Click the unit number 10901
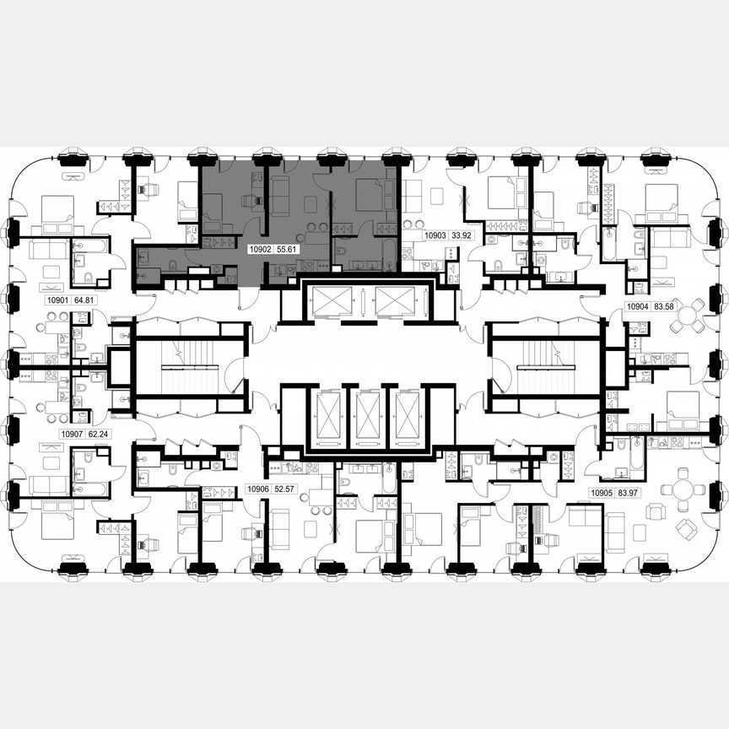click(57, 299)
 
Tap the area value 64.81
click(86, 299)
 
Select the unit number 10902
click(259, 250)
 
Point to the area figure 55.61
click(288, 250)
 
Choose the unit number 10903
click(435, 237)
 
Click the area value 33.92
click(462, 237)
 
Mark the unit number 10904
click(637, 307)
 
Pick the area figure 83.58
click(666, 307)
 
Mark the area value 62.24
click(100, 435)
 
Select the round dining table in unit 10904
click(688, 316)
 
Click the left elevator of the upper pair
click(330, 300)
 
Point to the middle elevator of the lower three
click(364, 418)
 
